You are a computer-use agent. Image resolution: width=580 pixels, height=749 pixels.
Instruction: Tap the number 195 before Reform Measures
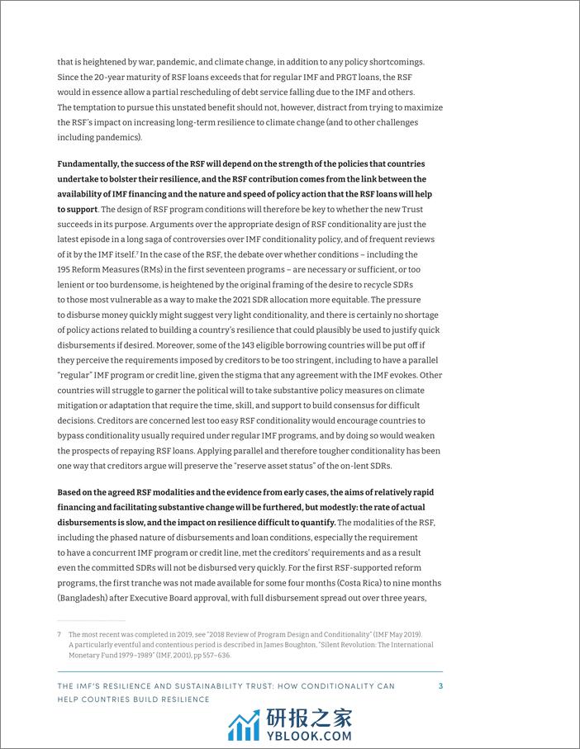coord(66,269)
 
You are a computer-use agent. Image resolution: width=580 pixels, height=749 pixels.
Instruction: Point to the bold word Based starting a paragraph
coord(73,492)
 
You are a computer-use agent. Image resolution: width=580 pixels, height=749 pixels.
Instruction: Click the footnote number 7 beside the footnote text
coord(59,634)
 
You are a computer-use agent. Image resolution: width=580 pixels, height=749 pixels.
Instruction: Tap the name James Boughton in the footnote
coord(311,645)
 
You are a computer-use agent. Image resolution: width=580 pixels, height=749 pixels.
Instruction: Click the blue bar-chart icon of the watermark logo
coord(244,725)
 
